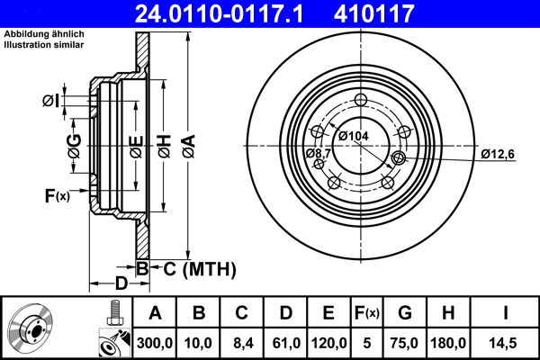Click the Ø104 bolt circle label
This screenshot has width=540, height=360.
353,136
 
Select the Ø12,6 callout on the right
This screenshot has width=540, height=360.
497,154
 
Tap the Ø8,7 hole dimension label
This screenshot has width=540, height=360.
318,154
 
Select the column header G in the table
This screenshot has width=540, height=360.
405,314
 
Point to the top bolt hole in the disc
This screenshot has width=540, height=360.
362,101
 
